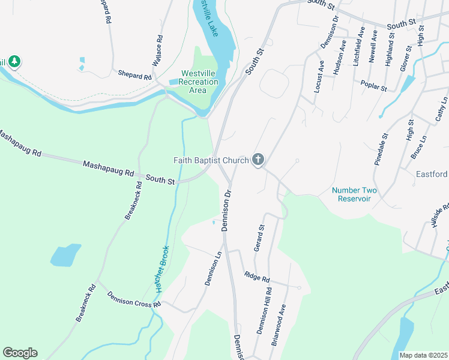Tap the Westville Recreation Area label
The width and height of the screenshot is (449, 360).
(198, 82)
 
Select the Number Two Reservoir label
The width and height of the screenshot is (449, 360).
(355, 194)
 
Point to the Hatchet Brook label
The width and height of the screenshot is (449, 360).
(161, 269)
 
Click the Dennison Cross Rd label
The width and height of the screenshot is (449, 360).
(134, 299)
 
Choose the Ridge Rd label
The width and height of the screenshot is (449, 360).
(257, 278)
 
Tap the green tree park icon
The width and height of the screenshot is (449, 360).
(13, 61)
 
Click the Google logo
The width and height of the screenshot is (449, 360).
(20, 353)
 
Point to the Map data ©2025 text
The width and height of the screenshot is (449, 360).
(423, 355)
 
